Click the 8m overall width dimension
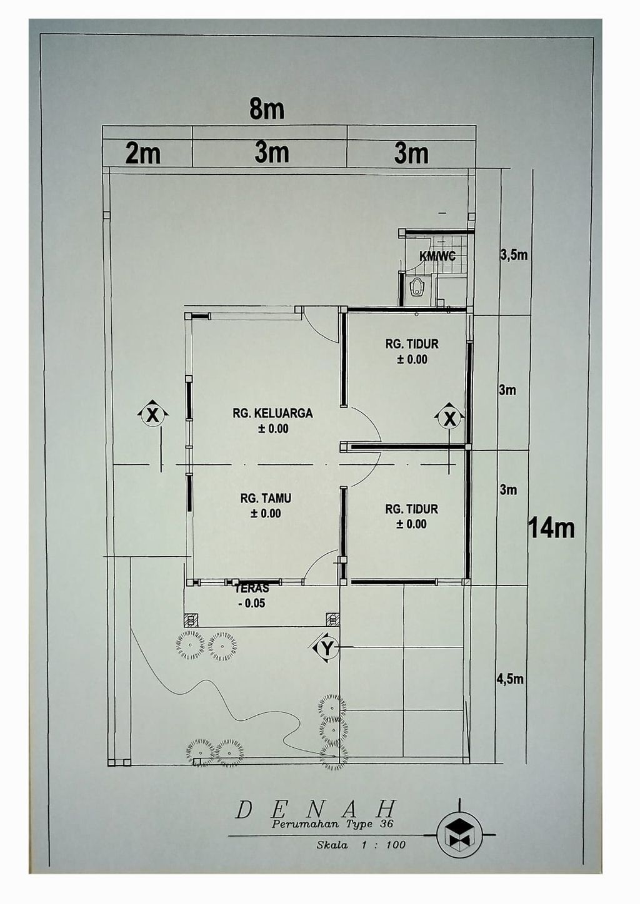(x=267, y=109)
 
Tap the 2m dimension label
(x=142, y=155)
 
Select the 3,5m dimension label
(x=514, y=256)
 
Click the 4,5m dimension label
(x=510, y=679)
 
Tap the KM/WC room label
(x=437, y=256)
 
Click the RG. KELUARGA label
(x=272, y=413)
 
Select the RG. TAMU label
(x=266, y=498)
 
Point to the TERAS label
(x=252, y=589)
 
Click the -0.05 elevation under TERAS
(x=252, y=604)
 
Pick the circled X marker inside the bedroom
(x=450, y=419)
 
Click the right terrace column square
(x=332, y=619)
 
